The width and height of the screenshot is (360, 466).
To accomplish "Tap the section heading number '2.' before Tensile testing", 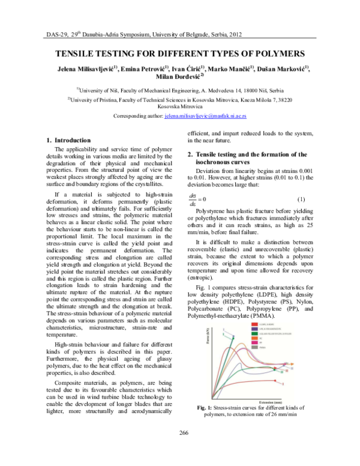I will [190, 154].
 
